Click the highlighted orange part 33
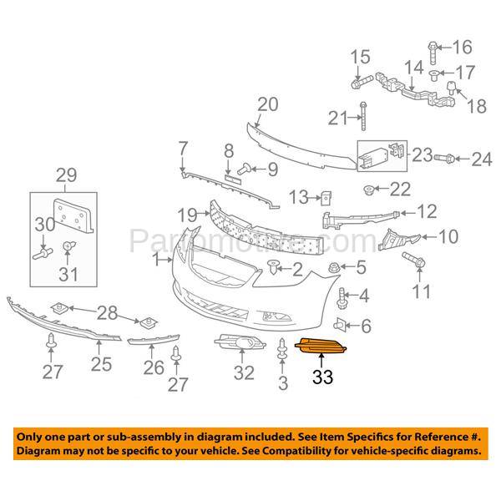pyautogui.click(x=325, y=347)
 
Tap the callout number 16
pyautogui.click(x=462, y=46)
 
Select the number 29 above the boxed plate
pyautogui.click(x=65, y=175)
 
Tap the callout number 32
pyautogui.click(x=243, y=373)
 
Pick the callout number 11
pyautogui.click(x=423, y=291)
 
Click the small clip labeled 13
pyautogui.click(x=328, y=197)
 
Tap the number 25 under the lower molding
pyautogui.click(x=101, y=364)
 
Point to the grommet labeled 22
pyautogui.click(x=368, y=190)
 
